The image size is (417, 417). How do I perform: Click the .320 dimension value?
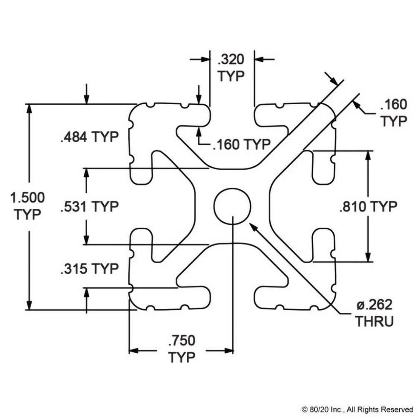230,60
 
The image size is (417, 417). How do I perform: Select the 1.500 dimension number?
28,197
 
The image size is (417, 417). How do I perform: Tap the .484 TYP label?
89,137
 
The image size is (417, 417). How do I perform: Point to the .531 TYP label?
89,206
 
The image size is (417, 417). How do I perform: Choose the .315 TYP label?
89,269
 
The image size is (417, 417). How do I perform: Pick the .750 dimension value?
181,341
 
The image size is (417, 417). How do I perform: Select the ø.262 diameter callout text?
374,305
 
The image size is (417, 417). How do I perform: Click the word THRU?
374,322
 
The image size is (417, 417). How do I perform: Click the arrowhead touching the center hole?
251,225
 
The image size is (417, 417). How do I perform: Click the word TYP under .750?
181,357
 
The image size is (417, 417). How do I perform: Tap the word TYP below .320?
231,77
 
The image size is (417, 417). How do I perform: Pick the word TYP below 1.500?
28,214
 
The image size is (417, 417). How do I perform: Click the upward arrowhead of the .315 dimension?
86,292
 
